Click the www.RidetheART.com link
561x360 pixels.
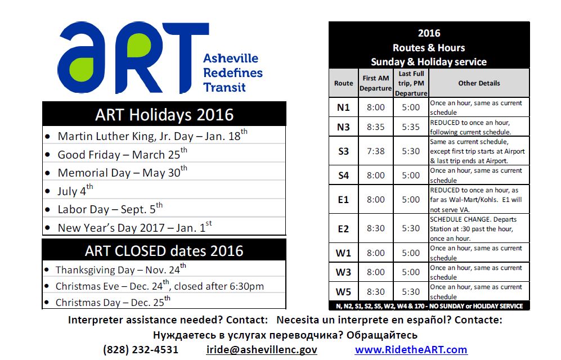[411, 349]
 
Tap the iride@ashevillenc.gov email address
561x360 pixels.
[262, 349]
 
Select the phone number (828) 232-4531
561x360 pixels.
[140, 349]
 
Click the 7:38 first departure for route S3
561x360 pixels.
[376, 151]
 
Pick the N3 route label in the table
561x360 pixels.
[343, 127]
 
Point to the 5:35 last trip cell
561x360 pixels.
[411, 127]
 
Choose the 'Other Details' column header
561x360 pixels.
[479, 83]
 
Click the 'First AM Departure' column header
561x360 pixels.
[376, 83]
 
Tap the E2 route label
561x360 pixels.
[343, 228]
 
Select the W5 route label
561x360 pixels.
[343, 292]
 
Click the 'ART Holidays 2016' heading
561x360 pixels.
[164, 115]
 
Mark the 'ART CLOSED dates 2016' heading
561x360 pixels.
[164, 251]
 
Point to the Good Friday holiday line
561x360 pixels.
[122, 154]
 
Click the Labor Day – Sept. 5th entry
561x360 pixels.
[110, 209]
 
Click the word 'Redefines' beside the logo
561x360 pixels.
[233, 73]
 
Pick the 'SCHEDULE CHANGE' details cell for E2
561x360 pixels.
[479, 228]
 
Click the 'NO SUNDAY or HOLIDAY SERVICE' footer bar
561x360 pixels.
[429, 306]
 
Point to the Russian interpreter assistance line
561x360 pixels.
[285, 335]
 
